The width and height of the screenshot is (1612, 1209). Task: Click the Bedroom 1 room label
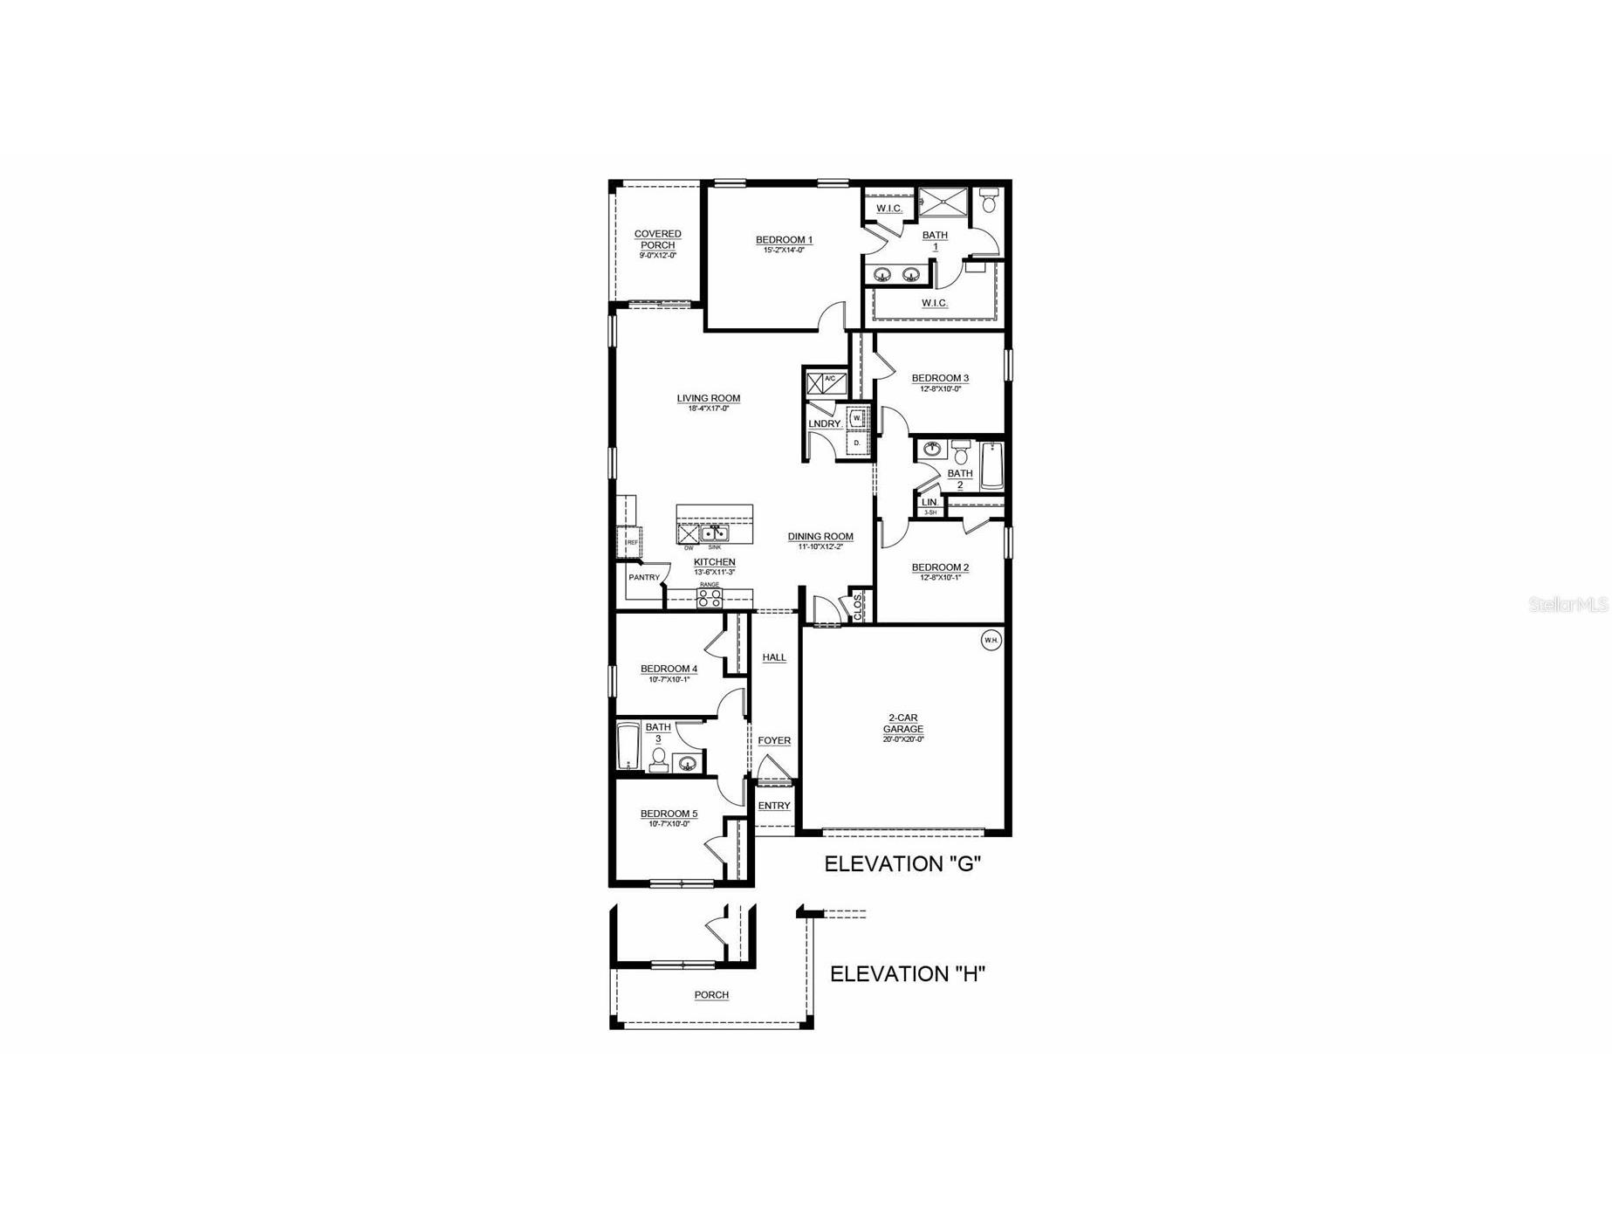point(784,240)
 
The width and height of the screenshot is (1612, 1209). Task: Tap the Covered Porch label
point(657,239)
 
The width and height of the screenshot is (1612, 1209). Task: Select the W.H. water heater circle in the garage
point(991,640)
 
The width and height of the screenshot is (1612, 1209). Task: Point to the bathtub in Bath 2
point(991,466)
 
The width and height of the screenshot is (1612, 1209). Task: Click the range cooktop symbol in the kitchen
point(710,598)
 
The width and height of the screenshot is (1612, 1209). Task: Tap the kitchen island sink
point(715,534)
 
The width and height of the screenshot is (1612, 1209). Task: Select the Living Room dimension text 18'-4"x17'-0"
point(708,409)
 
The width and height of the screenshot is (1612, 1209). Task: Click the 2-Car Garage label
point(902,724)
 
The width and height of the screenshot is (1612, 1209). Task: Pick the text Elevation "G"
point(902,864)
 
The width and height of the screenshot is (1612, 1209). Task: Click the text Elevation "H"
point(907,974)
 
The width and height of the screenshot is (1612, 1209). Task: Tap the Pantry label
point(644,577)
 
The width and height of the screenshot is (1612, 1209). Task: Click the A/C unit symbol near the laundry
point(823,382)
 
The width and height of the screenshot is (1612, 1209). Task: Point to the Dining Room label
point(820,537)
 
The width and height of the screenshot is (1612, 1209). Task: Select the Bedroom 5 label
point(669,814)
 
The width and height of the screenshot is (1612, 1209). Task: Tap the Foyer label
point(774,740)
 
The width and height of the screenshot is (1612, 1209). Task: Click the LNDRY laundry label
point(824,424)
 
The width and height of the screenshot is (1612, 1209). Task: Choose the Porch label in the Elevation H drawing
point(711,995)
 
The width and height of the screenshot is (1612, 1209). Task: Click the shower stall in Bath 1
point(943,202)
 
